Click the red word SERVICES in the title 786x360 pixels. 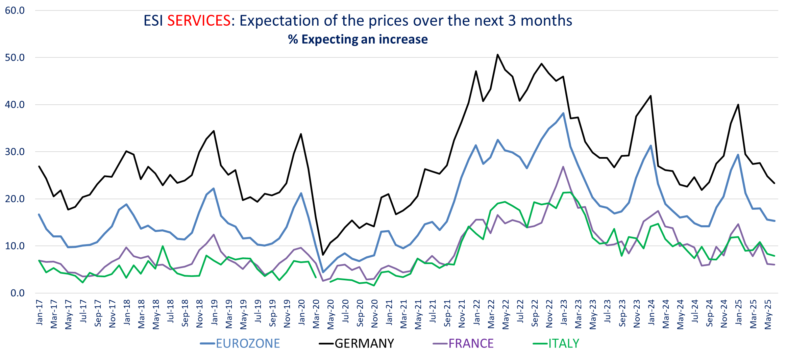click(199, 21)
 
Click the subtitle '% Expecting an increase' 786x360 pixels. click(358, 40)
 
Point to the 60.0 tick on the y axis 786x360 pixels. click(15, 10)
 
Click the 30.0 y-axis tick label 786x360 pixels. click(15, 152)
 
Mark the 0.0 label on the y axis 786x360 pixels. click(17, 293)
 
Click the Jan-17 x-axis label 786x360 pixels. click(40, 313)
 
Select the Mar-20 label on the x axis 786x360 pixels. click(316, 314)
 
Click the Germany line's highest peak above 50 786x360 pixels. click(498, 55)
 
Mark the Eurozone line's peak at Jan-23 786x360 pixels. click(563, 113)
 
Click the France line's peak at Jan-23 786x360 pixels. click(563, 167)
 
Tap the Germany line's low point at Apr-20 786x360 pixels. click(323, 255)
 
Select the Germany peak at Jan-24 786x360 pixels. click(651, 96)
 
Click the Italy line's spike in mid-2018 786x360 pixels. click(163, 246)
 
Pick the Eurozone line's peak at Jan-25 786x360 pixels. click(738, 155)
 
